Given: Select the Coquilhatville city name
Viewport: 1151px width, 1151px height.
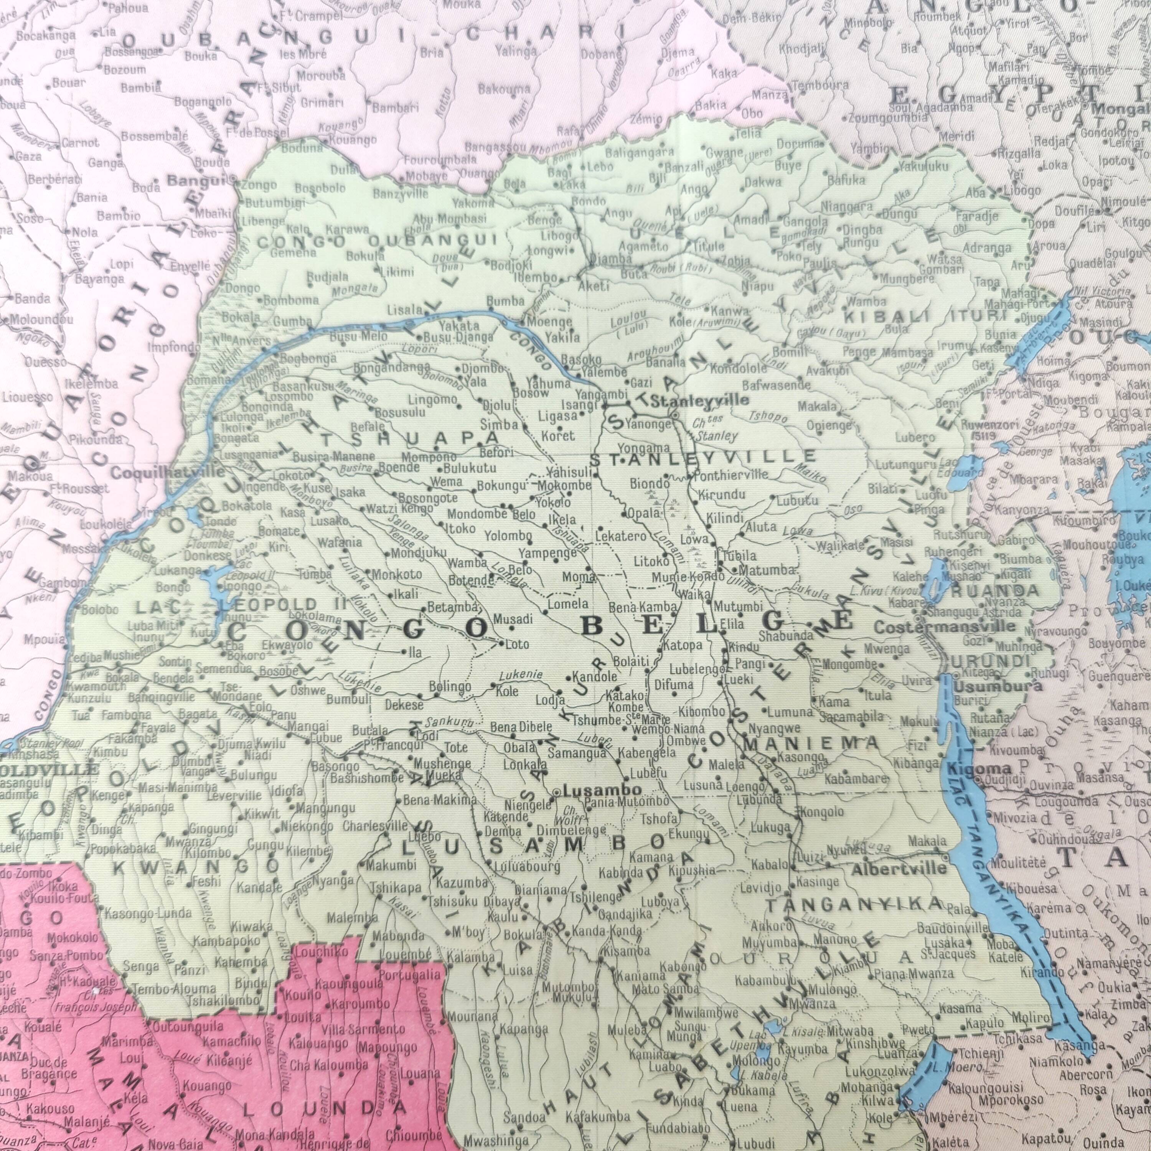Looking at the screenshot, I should tap(168, 473).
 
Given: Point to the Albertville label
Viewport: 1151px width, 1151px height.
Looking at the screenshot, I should tap(899, 868).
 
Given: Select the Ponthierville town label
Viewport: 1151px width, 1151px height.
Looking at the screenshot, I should tap(731, 475).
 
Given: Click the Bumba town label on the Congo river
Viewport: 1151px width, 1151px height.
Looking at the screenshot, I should tap(505, 302).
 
